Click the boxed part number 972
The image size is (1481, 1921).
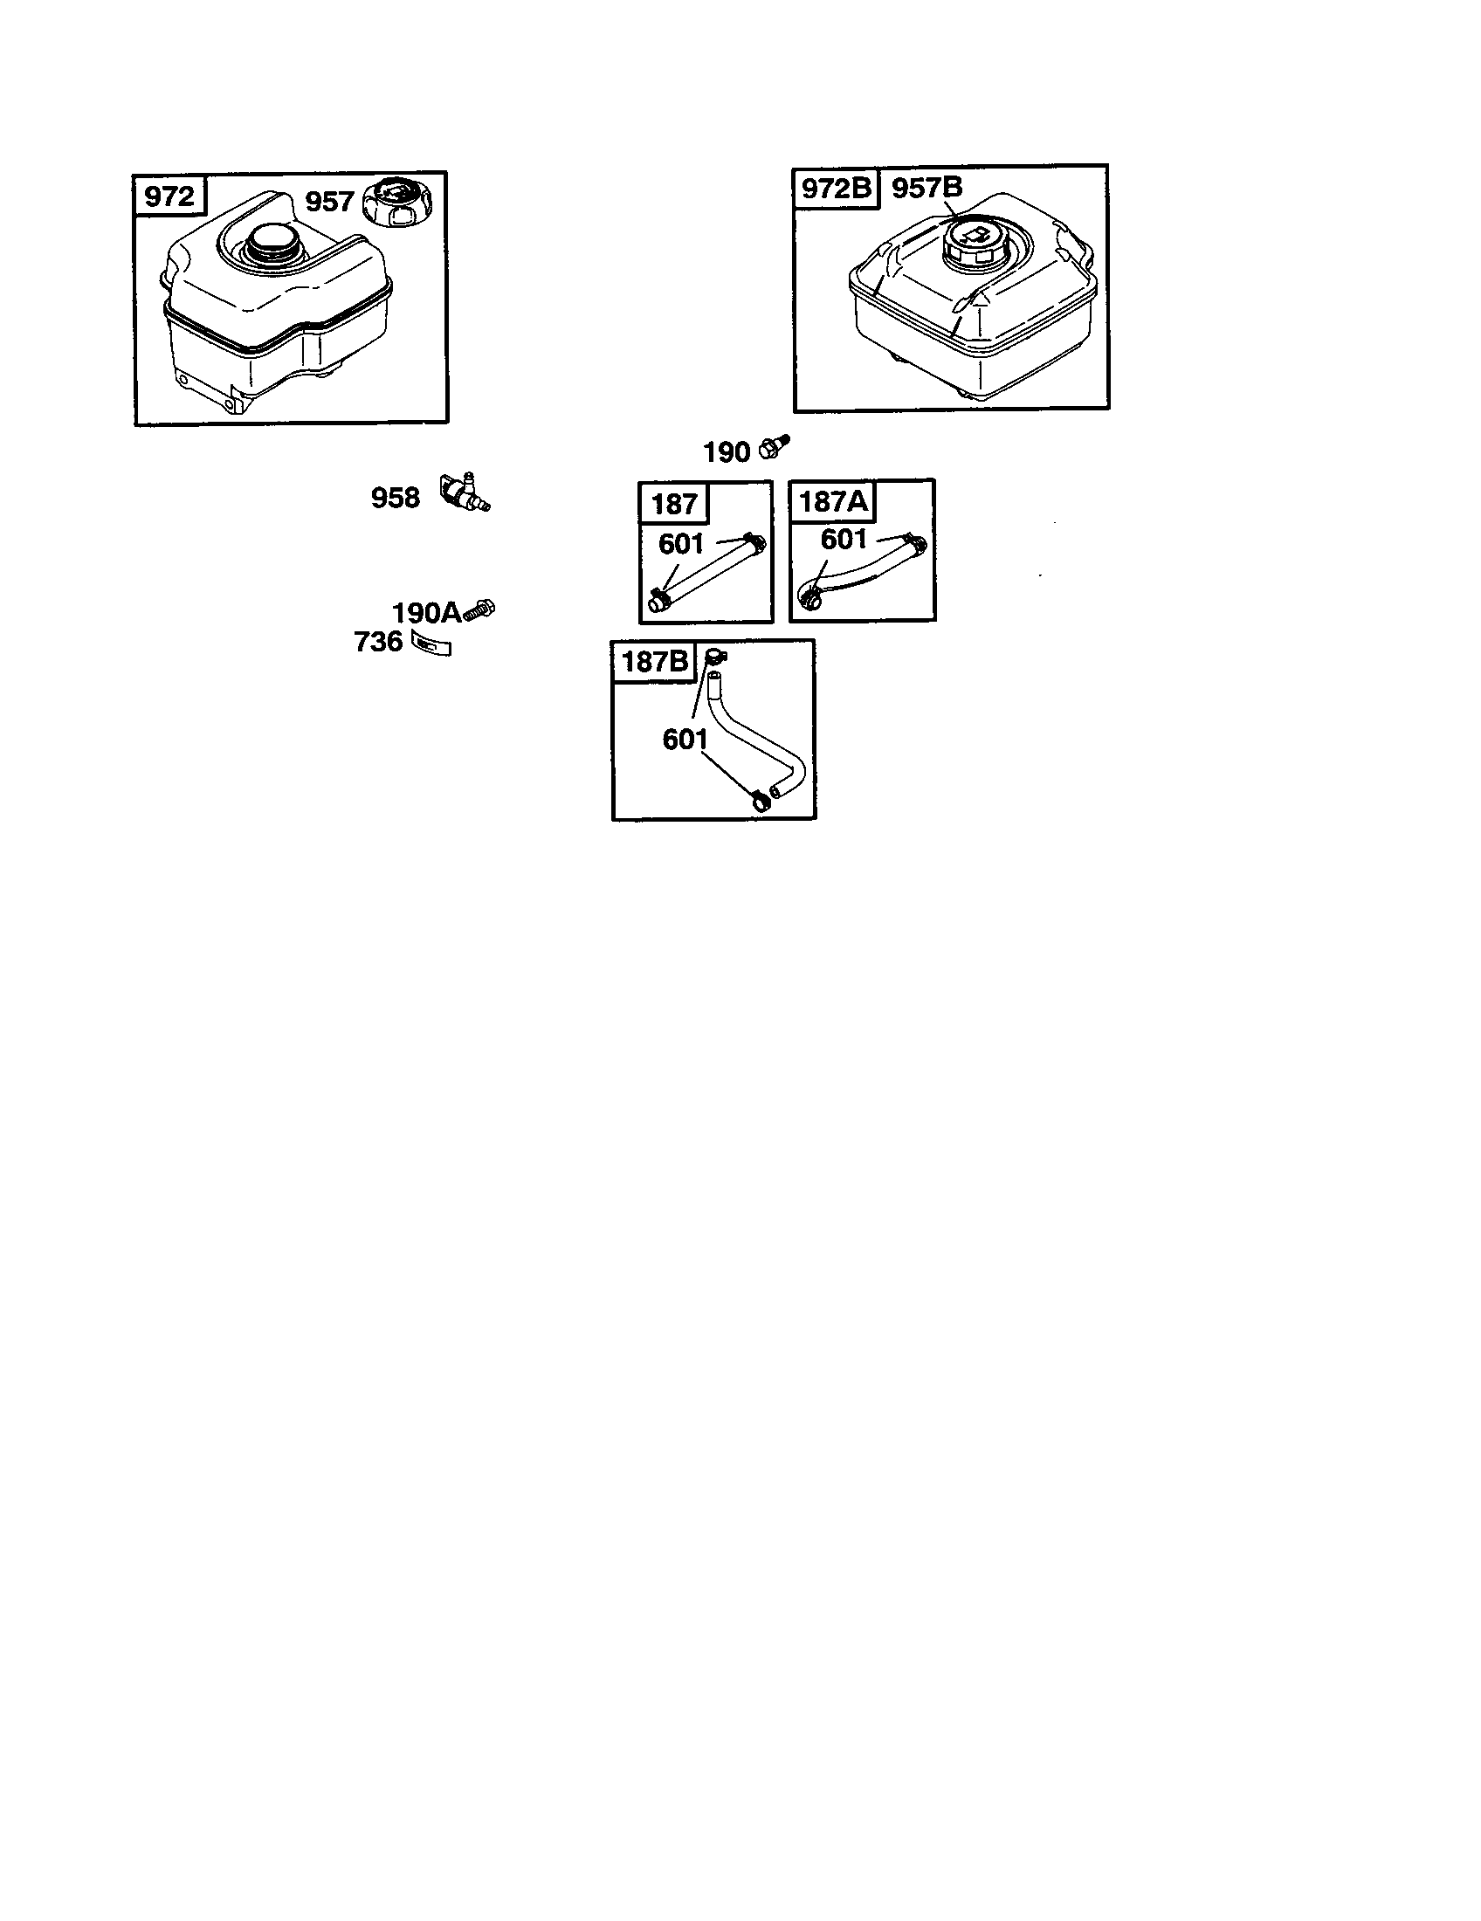(x=169, y=196)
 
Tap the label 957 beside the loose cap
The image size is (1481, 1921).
(x=329, y=202)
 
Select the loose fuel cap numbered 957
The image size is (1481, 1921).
(x=397, y=203)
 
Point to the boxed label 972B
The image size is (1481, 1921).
(x=835, y=189)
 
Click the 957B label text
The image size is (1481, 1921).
(x=927, y=188)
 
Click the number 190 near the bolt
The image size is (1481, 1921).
(x=726, y=452)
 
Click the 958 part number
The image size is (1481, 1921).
(x=395, y=498)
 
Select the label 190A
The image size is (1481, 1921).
(x=426, y=612)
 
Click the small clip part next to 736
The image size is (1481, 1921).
(x=431, y=644)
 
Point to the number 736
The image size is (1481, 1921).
(x=378, y=642)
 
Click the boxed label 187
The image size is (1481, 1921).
(x=674, y=504)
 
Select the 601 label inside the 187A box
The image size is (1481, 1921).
(x=844, y=539)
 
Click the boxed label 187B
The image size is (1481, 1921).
(x=655, y=661)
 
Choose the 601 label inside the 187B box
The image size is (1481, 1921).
(x=685, y=740)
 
